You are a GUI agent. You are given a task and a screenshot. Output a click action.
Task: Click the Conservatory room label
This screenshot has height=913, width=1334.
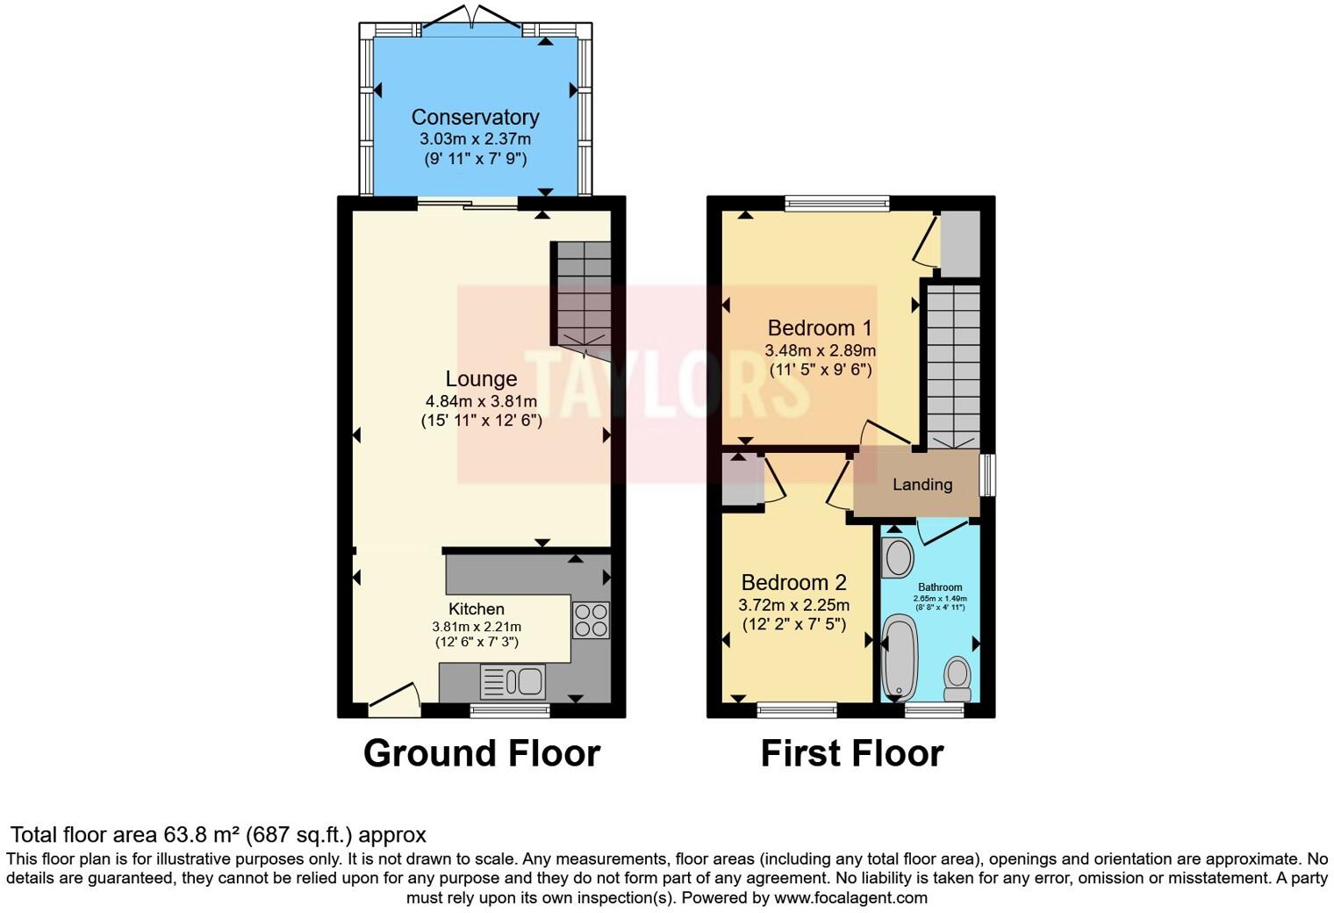point(475,117)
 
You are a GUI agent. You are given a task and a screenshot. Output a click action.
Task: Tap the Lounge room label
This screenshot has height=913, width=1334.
point(481,378)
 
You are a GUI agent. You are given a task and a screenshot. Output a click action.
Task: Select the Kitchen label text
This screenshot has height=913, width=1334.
point(477,608)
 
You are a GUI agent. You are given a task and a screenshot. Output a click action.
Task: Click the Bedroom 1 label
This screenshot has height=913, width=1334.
point(820,327)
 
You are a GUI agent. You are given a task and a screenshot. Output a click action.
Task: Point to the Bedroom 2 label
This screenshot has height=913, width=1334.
point(793,582)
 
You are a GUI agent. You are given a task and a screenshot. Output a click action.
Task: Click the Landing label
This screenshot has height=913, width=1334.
point(922,484)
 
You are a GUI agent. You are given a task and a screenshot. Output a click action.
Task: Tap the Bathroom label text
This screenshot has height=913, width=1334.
point(940,587)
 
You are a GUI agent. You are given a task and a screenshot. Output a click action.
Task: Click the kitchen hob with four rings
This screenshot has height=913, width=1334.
point(591,620)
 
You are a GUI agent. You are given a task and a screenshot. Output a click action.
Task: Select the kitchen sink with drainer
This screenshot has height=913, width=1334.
point(513,681)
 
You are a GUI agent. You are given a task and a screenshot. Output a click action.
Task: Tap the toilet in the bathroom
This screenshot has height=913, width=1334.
point(957,679)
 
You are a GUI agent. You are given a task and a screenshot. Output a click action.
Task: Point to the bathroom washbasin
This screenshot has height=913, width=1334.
point(898,557)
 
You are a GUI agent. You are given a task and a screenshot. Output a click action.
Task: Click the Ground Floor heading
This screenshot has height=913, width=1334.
point(481,753)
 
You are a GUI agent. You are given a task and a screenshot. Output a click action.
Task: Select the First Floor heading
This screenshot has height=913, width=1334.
point(851,753)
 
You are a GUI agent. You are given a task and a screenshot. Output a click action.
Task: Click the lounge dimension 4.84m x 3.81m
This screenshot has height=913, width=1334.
point(481,401)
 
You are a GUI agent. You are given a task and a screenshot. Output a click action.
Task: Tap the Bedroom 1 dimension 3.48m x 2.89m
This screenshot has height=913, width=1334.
point(820,350)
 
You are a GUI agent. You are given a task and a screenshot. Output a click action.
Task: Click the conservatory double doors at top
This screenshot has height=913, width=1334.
point(474,19)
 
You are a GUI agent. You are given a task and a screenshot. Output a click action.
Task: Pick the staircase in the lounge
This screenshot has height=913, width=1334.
point(583,293)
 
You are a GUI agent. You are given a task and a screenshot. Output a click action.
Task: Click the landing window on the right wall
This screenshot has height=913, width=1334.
point(988,475)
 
